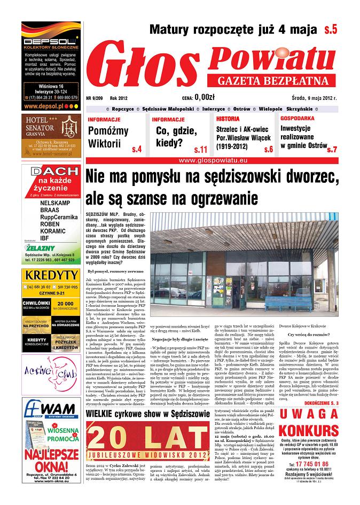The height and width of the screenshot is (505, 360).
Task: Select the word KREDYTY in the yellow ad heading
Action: click(52, 276)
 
